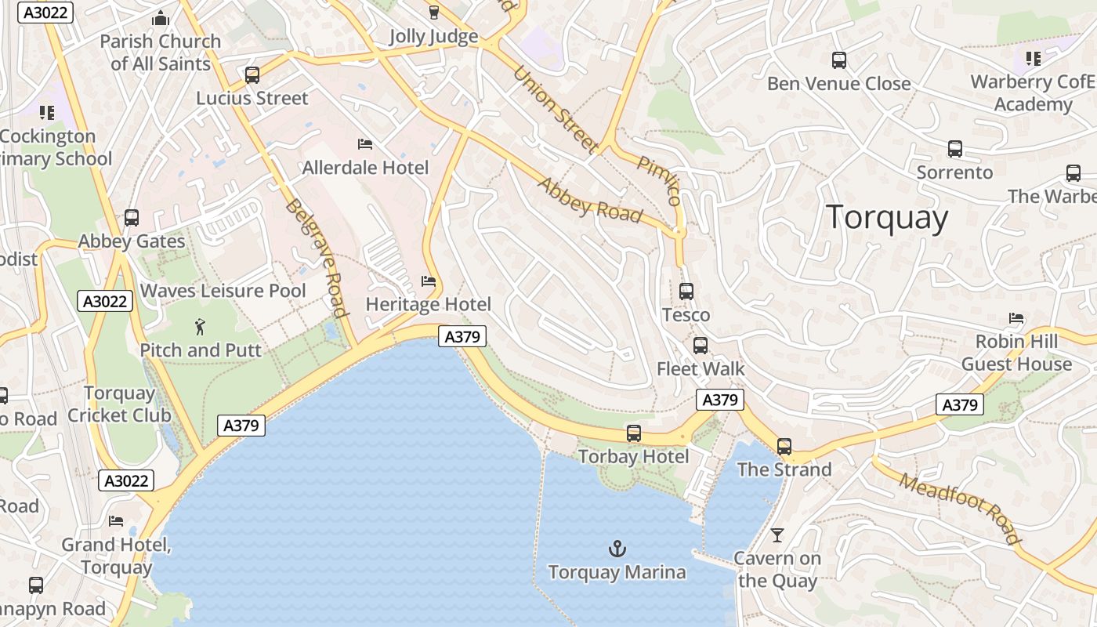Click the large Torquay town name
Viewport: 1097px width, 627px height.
pos(887,217)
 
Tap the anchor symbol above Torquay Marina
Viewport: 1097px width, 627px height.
pos(617,549)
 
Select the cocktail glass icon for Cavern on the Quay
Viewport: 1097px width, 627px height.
pos(777,535)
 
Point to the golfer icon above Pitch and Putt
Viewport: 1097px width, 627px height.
pos(201,327)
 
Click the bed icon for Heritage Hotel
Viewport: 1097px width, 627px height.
pos(428,281)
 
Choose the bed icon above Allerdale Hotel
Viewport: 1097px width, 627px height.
pos(364,144)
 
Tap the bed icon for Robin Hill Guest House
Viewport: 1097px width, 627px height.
pos(1016,318)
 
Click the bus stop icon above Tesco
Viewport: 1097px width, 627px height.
pos(686,292)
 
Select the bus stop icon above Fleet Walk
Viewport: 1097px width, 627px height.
pos(701,345)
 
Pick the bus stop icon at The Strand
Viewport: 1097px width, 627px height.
pos(784,447)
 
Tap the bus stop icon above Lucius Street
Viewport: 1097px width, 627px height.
pos(252,75)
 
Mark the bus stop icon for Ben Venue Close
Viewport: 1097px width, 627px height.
pos(838,60)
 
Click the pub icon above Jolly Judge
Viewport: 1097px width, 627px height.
pos(433,13)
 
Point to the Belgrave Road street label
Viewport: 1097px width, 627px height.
pos(317,258)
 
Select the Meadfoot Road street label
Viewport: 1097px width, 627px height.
pos(960,509)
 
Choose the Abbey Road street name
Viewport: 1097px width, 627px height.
pos(590,199)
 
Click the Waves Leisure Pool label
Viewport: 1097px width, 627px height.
pos(223,291)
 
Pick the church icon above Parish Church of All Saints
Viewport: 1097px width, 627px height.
pos(161,18)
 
